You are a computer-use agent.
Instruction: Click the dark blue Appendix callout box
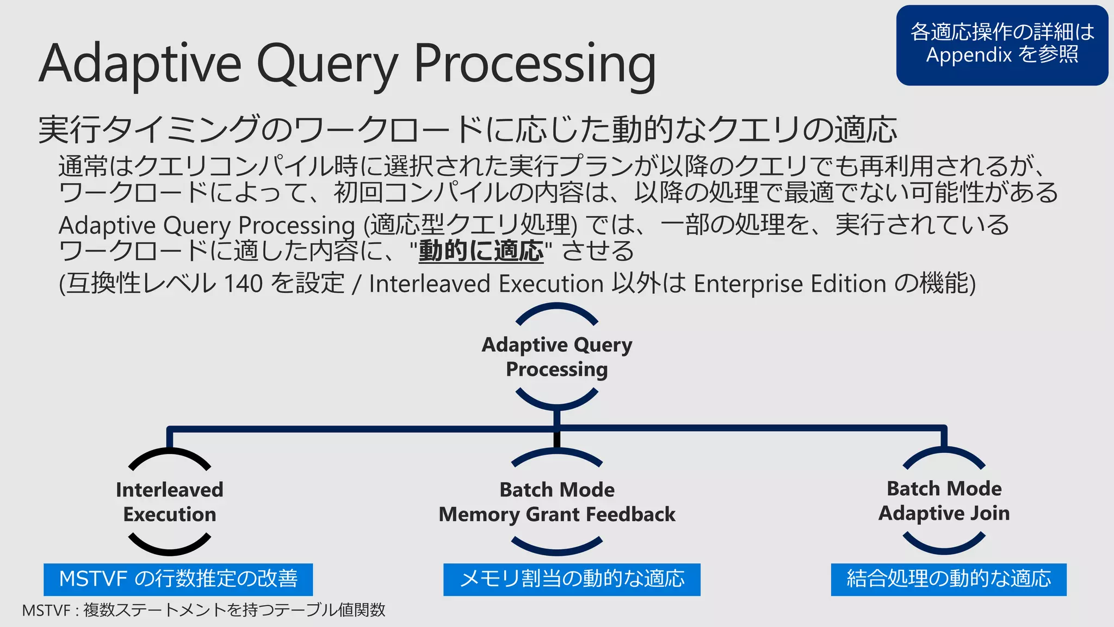1002,45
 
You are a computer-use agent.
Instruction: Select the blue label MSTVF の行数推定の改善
178,579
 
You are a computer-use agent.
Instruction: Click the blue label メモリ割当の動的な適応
572,579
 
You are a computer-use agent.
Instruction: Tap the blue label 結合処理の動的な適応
949,579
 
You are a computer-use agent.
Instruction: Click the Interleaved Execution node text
170,502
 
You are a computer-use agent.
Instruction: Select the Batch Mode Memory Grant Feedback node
557,502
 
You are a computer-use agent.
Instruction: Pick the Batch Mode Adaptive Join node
944,501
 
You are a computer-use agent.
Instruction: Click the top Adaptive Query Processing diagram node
557,357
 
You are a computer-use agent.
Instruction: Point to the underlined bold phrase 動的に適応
481,251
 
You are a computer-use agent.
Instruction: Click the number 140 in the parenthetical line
243,284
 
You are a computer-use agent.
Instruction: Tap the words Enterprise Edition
790,284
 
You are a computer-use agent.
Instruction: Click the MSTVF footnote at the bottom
203,610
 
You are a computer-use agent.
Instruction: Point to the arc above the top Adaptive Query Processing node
557,309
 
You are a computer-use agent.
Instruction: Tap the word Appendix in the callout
969,56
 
